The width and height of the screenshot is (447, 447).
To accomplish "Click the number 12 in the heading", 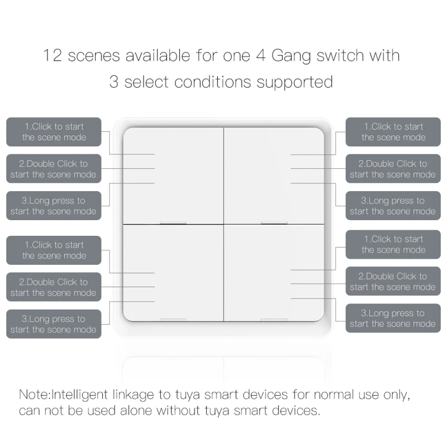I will (54, 56).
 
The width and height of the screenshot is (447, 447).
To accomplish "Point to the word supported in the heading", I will (294, 82).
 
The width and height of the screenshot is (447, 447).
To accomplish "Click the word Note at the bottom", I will (34, 394).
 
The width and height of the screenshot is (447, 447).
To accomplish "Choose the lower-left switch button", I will (173, 273).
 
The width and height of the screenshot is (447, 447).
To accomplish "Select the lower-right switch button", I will (274, 273).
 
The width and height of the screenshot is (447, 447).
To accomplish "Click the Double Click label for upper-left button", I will (54, 169).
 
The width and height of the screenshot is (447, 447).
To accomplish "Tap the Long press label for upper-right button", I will (393, 206).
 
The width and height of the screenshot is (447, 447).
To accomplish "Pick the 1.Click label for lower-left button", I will (54, 250).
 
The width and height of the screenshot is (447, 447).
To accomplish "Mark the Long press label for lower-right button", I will (393, 318).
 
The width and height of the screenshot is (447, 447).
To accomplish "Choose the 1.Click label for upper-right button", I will (393, 132).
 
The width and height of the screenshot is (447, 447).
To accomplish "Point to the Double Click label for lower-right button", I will (393, 281).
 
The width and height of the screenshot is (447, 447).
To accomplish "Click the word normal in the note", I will (334, 394).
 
